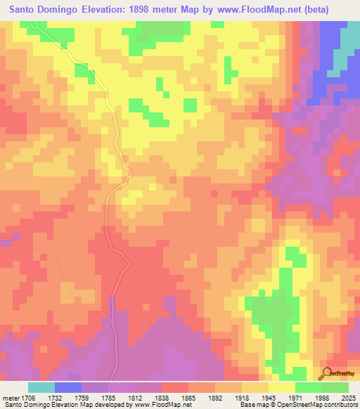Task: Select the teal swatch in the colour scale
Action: coord(41,387)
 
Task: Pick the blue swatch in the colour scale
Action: coord(68,387)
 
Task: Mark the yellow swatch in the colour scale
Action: coord(282,387)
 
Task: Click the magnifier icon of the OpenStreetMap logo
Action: coord(326,373)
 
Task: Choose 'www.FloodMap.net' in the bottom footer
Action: coord(153,405)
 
